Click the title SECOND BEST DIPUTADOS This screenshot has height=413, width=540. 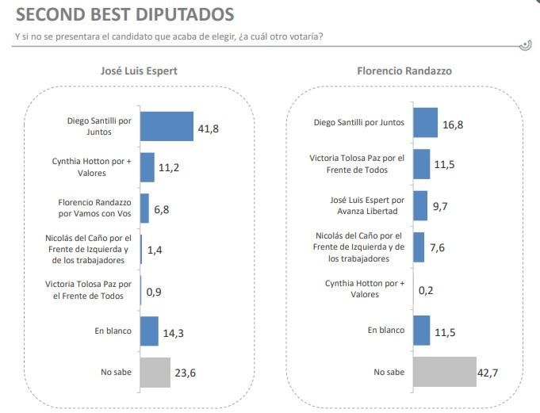125,14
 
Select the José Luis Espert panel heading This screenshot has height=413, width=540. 138,71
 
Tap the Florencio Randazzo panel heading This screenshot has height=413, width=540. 404,71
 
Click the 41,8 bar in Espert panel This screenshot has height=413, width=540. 167,126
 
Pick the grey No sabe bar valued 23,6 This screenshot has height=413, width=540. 155,372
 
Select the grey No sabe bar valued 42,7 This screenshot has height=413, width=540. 445,372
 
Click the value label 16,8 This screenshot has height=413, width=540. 454,123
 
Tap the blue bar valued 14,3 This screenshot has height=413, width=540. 149,331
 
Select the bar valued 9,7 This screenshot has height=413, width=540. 420,205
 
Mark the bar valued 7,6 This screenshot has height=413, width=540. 419,247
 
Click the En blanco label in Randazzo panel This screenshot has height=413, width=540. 387,331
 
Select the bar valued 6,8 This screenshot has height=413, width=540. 144,208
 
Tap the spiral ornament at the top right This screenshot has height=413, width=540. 524,45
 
